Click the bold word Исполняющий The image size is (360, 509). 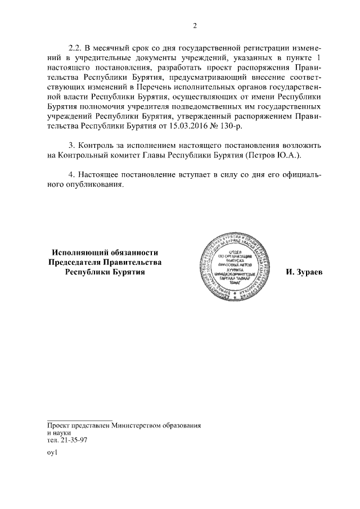coord(79,253)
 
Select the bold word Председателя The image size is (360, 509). coord(78,262)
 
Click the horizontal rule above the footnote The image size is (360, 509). coord(80,420)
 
